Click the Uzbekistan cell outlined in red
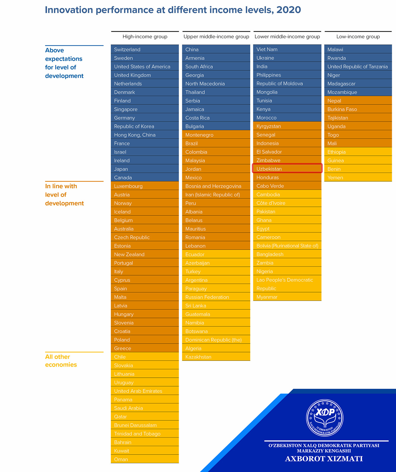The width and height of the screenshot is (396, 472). tap(287, 169)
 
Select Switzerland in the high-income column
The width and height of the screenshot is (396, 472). tap(145, 49)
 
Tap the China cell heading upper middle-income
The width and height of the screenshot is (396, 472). tap(216, 49)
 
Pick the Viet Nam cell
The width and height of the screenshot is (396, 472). tap(287, 49)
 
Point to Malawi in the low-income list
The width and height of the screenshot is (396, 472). tap(358, 49)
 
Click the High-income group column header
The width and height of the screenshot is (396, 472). tap(145, 36)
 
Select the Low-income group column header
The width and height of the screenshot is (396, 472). tap(358, 36)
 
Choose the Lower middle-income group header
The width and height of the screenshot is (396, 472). tap(287, 36)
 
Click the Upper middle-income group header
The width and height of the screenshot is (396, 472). tap(216, 36)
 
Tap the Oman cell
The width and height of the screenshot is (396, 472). tap(145, 459)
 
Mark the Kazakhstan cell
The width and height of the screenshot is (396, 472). tap(216, 357)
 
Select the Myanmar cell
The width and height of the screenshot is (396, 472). tap(287, 297)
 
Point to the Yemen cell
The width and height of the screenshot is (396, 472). tap(358, 177)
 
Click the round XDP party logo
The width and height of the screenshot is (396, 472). tap(324, 418)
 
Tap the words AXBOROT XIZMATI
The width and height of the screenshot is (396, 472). tap(324, 459)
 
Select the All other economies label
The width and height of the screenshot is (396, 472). tap(61, 360)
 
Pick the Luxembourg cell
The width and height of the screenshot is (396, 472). tap(145, 186)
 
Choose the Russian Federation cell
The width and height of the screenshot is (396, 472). tap(216, 297)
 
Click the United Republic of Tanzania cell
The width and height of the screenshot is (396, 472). tap(358, 66)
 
